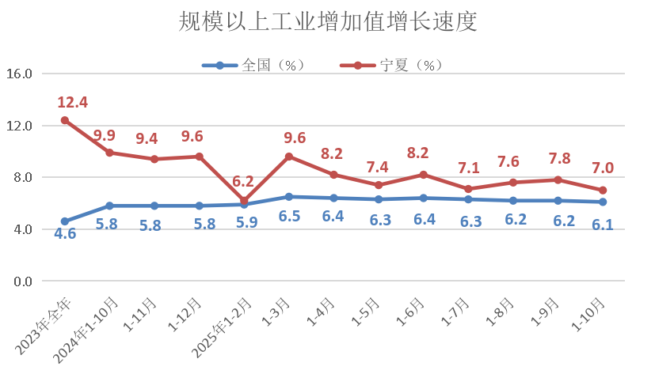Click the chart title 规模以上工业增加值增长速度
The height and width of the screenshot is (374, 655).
click(327, 22)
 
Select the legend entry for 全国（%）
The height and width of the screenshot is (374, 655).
click(253, 66)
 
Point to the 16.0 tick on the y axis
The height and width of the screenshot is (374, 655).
click(19, 74)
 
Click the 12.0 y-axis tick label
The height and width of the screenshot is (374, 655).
click(19, 126)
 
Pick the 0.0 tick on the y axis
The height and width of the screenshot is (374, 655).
click(22, 281)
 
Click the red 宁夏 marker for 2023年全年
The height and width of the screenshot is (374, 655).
click(65, 120)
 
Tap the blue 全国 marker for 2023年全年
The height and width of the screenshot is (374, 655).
click(65, 221)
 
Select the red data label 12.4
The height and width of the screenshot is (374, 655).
click(72, 103)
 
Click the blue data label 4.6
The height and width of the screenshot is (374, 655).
click(65, 234)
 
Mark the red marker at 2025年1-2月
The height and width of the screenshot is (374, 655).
click(245, 201)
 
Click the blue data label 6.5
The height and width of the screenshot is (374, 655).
click(289, 216)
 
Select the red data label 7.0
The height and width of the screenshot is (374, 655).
click(604, 168)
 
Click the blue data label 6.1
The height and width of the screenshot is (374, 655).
click(604, 225)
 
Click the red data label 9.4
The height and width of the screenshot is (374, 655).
click(147, 139)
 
